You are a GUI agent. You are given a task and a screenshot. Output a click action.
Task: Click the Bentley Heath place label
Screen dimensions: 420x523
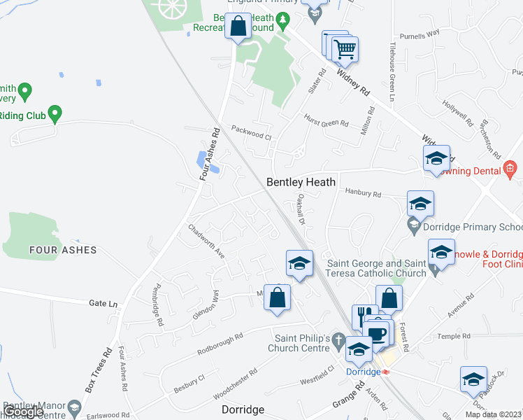(x=301, y=182)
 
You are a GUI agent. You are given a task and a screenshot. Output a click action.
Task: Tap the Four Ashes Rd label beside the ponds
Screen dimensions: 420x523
(x=208, y=155)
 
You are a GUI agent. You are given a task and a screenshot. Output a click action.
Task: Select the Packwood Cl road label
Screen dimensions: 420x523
(x=251, y=132)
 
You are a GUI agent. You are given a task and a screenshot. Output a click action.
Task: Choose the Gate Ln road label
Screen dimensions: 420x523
(x=103, y=303)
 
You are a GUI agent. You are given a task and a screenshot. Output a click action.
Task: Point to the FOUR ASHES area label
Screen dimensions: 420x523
(x=63, y=250)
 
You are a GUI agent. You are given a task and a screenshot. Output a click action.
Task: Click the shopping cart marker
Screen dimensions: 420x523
(x=345, y=49)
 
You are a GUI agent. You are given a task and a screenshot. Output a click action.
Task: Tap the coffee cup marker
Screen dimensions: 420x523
(x=378, y=334)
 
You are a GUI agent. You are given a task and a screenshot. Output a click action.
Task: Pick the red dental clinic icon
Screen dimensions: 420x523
(x=510, y=169)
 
